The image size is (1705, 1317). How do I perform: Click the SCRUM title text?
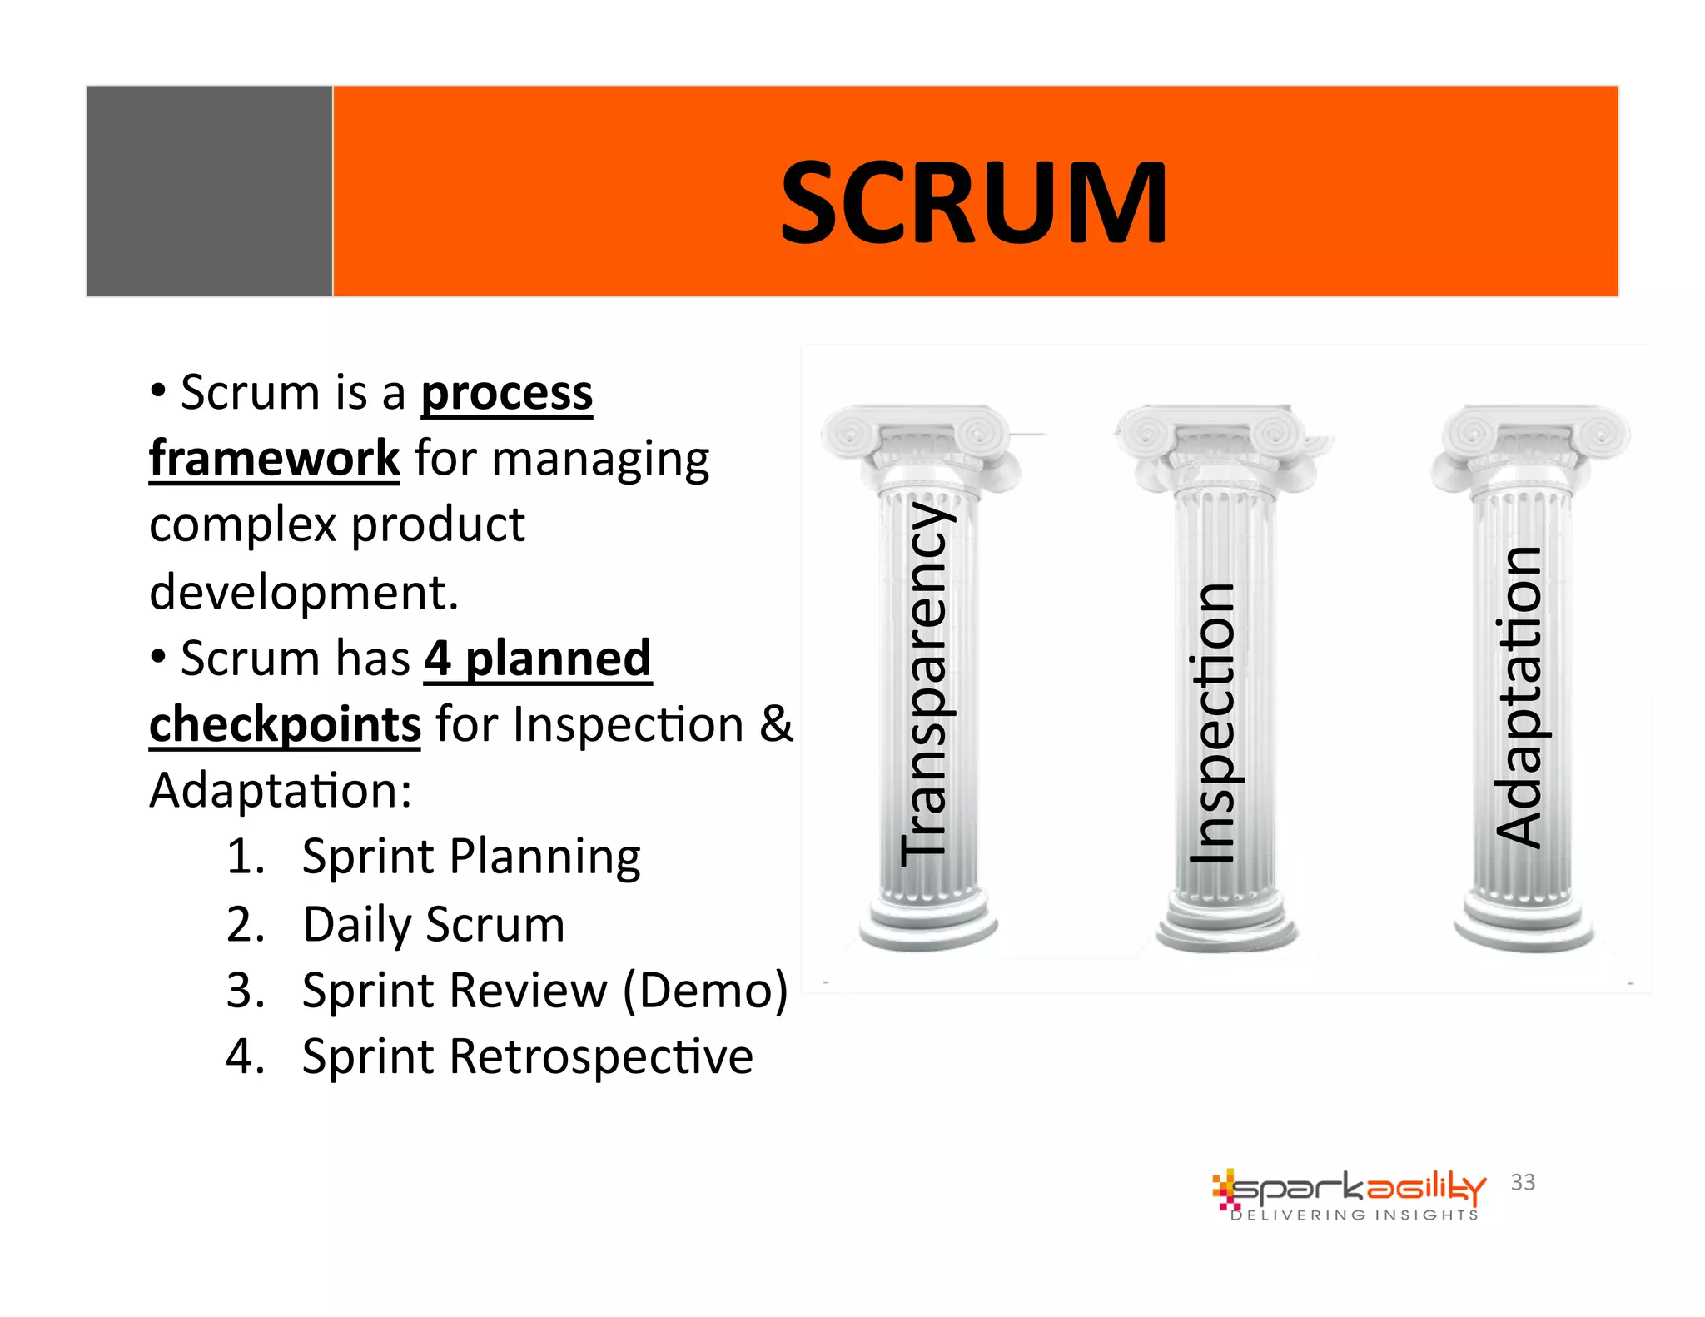[974, 202]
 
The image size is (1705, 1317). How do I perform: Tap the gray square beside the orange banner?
[209, 191]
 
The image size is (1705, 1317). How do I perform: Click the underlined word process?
[506, 392]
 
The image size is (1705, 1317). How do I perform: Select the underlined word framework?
[275, 458]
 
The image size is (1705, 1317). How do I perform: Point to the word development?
[303, 592]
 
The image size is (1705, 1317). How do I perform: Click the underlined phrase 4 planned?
[538, 658]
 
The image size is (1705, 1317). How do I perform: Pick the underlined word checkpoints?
[285, 724]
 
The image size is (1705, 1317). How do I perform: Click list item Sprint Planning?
[470, 857]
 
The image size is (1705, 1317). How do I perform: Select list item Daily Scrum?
[433, 924]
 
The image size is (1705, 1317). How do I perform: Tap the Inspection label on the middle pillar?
[1211, 723]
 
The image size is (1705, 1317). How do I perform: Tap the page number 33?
[1523, 1182]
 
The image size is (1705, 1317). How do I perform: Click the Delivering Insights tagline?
[1355, 1215]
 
